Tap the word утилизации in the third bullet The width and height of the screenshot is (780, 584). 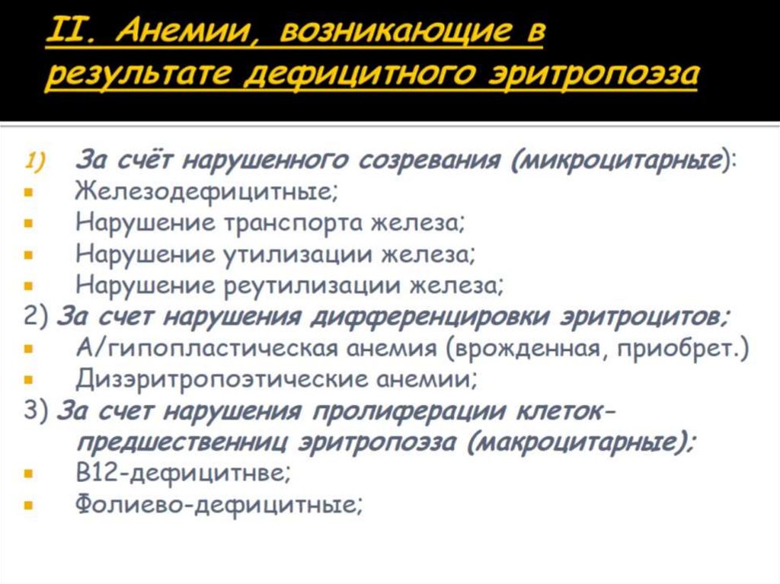(x=301, y=255)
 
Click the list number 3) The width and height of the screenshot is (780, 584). (x=35, y=411)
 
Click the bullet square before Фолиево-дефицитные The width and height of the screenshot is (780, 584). (x=28, y=505)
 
